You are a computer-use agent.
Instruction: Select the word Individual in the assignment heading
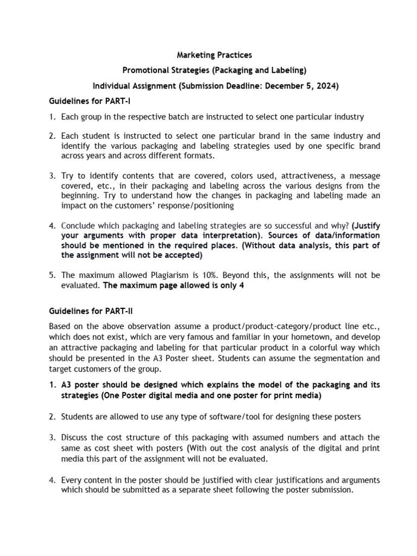click(113, 86)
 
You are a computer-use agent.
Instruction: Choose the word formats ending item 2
click(199, 156)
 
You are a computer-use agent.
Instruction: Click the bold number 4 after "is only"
click(241, 286)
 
